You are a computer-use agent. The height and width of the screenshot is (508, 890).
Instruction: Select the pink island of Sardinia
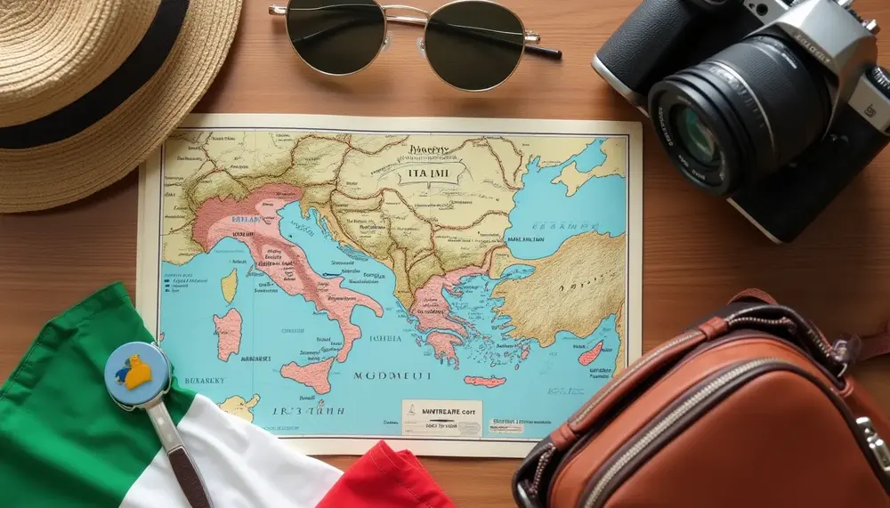coord(228,334)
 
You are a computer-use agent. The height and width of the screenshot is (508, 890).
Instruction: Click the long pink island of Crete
coord(484,381)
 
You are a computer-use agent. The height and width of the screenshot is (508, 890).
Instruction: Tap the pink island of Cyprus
coord(590,353)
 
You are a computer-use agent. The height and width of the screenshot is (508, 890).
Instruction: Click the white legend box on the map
coord(441,416)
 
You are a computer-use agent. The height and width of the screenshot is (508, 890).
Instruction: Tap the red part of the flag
coord(392,480)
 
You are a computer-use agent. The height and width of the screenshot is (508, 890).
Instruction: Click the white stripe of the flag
coord(258,463)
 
